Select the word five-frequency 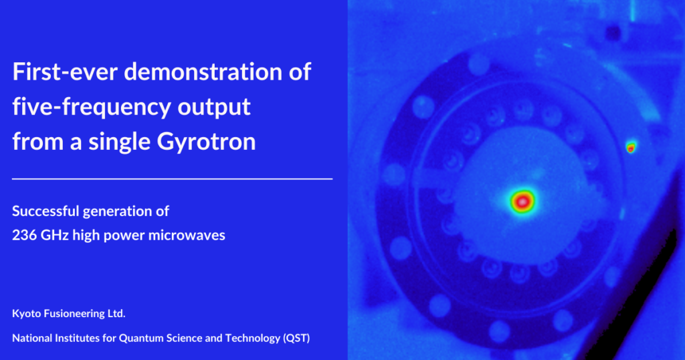coord(91,108)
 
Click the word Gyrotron coord(206,143)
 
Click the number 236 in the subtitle coord(24,235)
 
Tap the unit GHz coord(55,235)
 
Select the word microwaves coord(187,235)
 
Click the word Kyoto coord(27,314)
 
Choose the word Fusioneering coord(75,314)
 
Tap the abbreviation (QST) coord(296,338)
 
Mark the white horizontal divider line coord(172,179)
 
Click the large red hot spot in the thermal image coord(522,201)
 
